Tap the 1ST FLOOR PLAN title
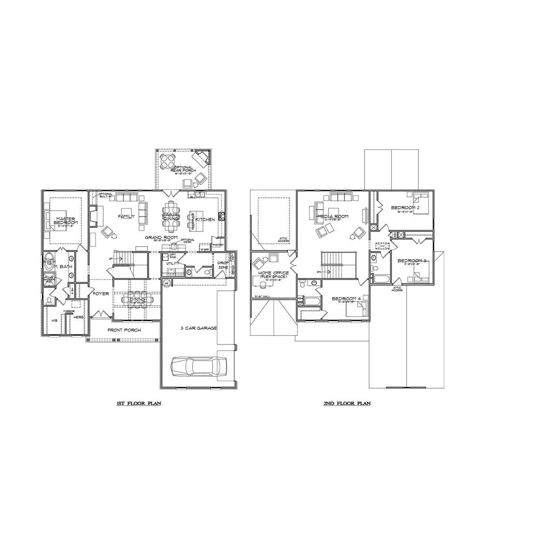(x=139, y=403)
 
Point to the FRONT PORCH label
(x=124, y=330)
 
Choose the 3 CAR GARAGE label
(x=199, y=328)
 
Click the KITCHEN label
(x=205, y=219)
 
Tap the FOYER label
(x=101, y=293)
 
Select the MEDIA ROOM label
(x=333, y=216)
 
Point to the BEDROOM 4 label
(x=346, y=299)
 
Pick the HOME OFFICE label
(x=273, y=273)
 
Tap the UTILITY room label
(x=173, y=263)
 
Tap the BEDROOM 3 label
(x=412, y=261)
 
